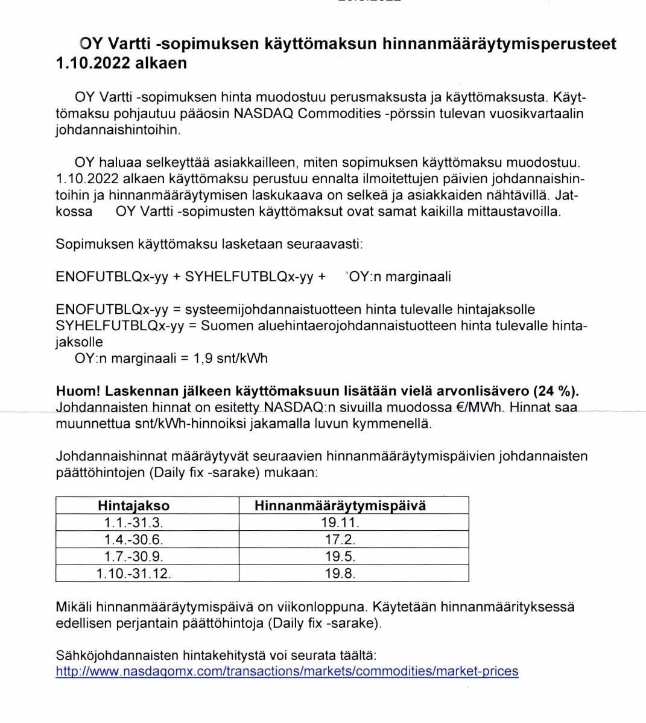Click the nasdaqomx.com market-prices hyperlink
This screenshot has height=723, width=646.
[287, 671]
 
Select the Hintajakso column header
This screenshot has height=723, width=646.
[133, 505]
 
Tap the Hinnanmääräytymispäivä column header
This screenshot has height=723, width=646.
[340, 505]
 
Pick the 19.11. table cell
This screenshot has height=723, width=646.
[340, 522]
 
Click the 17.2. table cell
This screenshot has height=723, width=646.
[340, 539]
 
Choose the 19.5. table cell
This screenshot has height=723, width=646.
[340, 556]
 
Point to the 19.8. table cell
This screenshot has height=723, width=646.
[340, 573]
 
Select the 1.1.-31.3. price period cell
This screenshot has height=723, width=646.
[133, 522]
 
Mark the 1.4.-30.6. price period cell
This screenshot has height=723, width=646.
[133, 539]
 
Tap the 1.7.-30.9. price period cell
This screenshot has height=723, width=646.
[133, 556]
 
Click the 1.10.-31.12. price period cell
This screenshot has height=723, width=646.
[133, 573]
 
